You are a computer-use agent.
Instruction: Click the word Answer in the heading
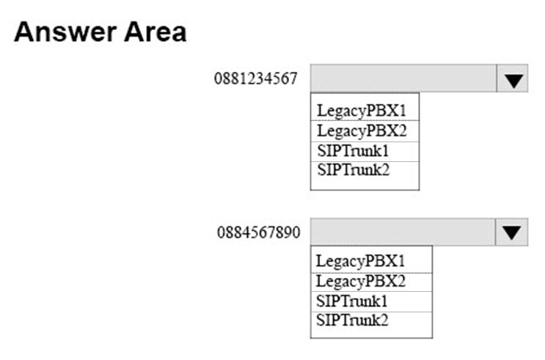(65, 32)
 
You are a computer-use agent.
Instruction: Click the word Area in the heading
(156, 32)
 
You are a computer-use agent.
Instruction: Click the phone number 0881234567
(256, 78)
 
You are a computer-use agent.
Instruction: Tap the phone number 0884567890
(259, 232)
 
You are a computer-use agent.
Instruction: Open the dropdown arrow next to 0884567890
(512, 232)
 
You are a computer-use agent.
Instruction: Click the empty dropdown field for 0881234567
(403, 78)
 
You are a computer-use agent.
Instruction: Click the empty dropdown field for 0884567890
(403, 232)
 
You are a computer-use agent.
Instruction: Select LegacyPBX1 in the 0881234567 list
(362, 111)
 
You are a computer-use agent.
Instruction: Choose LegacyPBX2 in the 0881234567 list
(362, 131)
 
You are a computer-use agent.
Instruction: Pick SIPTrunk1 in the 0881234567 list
(353, 151)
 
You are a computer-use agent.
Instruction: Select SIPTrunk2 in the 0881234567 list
(353, 170)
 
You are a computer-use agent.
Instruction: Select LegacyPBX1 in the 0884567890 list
(360, 261)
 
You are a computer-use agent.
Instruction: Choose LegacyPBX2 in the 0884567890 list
(360, 282)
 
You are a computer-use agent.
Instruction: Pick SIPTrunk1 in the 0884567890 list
(352, 301)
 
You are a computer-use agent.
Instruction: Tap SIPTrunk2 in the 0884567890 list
(352, 320)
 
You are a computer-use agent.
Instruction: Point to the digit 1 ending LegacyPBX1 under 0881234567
(402, 111)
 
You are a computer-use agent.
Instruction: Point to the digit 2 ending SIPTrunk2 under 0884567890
(384, 320)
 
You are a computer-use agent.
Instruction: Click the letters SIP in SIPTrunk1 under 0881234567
(326, 151)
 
